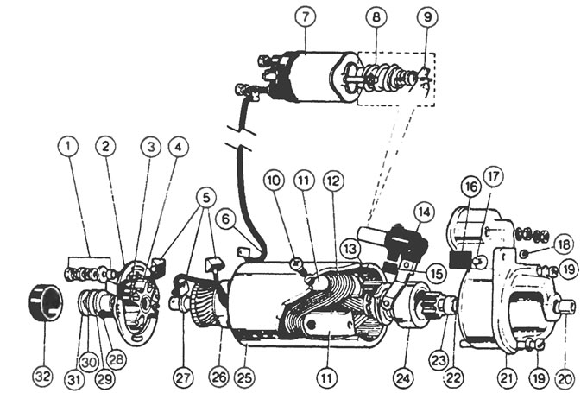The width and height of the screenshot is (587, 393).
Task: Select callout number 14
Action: click(x=424, y=210)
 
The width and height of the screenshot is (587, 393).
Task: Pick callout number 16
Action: click(x=469, y=186)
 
